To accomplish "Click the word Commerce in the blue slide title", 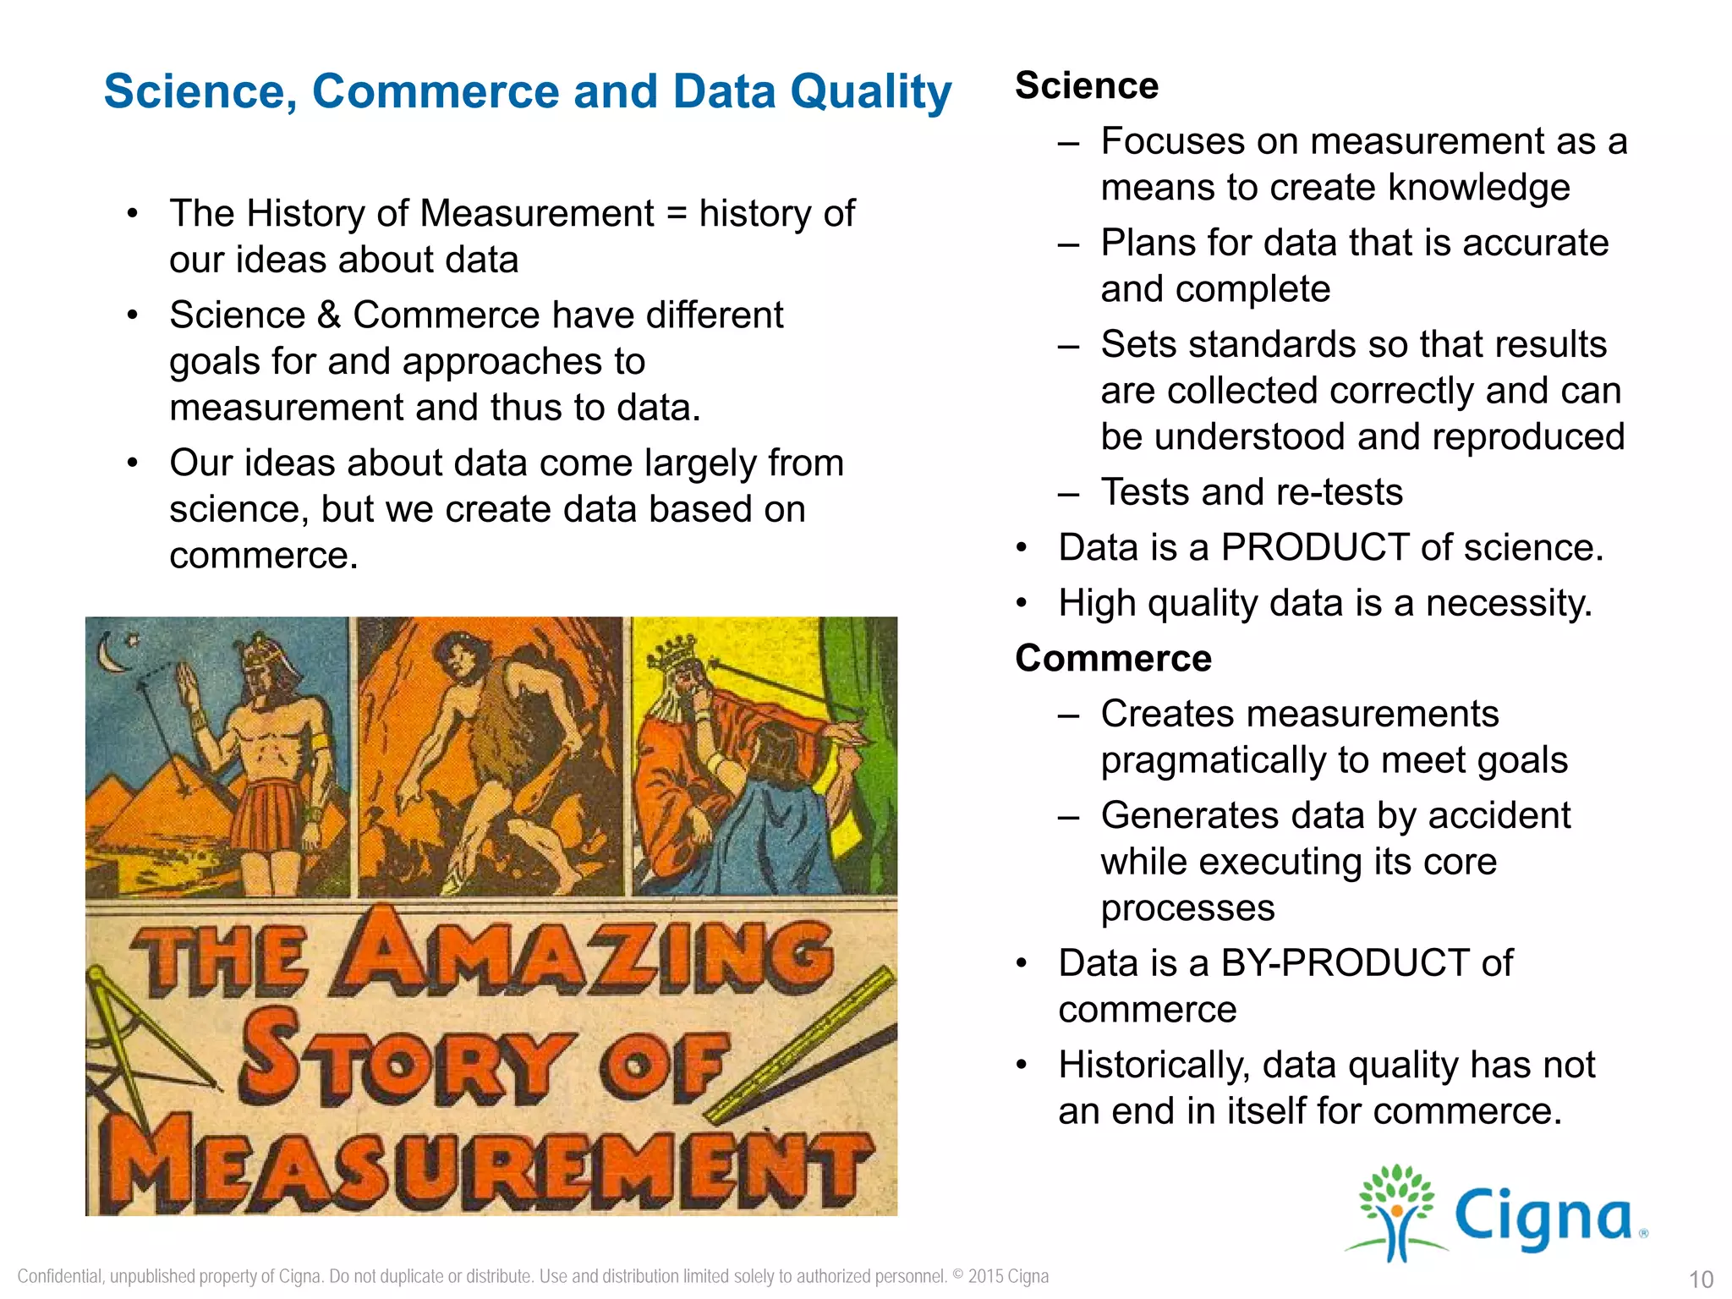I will click(x=435, y=91).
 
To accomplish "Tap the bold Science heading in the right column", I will click(x=1086, y=86).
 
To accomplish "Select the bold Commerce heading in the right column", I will click(x=1113, y=659).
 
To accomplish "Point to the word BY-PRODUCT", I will click(x=1345, y=963).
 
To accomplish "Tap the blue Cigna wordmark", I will click(x=1543, y=1218).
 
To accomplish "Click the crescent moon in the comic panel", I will click(x=108, y=653).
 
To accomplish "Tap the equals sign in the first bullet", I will click(x=676, y=214).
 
